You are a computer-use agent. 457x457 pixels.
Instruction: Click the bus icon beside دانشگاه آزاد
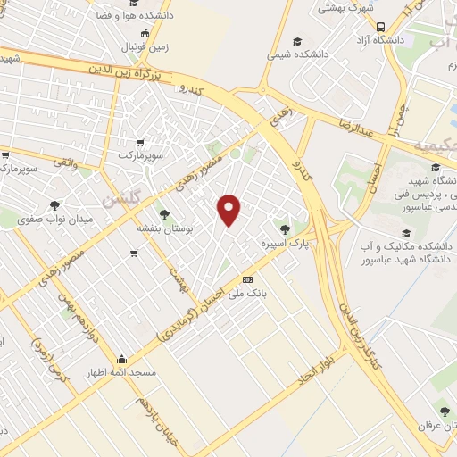point(381,27)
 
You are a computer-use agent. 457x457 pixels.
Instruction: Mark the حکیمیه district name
point(434,145)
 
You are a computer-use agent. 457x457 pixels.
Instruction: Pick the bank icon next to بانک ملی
point(248,278)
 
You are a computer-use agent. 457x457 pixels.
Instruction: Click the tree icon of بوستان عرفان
point(444,411)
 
